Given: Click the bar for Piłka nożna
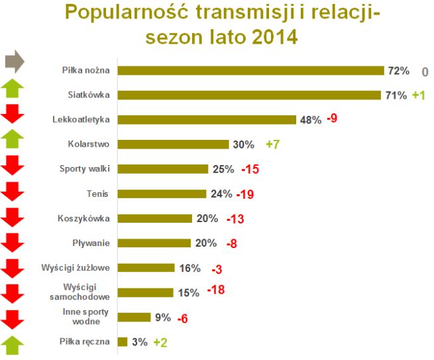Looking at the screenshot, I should pos(252,70).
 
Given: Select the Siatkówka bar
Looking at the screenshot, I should pos(250,95).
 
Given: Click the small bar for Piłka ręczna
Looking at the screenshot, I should pos(123,341).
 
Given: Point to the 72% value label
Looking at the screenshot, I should pos(400,71).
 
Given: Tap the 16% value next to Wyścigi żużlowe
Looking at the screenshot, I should pos(190,268).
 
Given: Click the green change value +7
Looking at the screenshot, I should pos(274,145).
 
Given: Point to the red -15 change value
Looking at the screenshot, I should pos(249,169).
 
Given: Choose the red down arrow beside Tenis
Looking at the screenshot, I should pos(13,192).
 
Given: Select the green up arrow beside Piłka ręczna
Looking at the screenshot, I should pos(13,345).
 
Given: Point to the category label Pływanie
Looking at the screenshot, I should pos(92,243).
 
